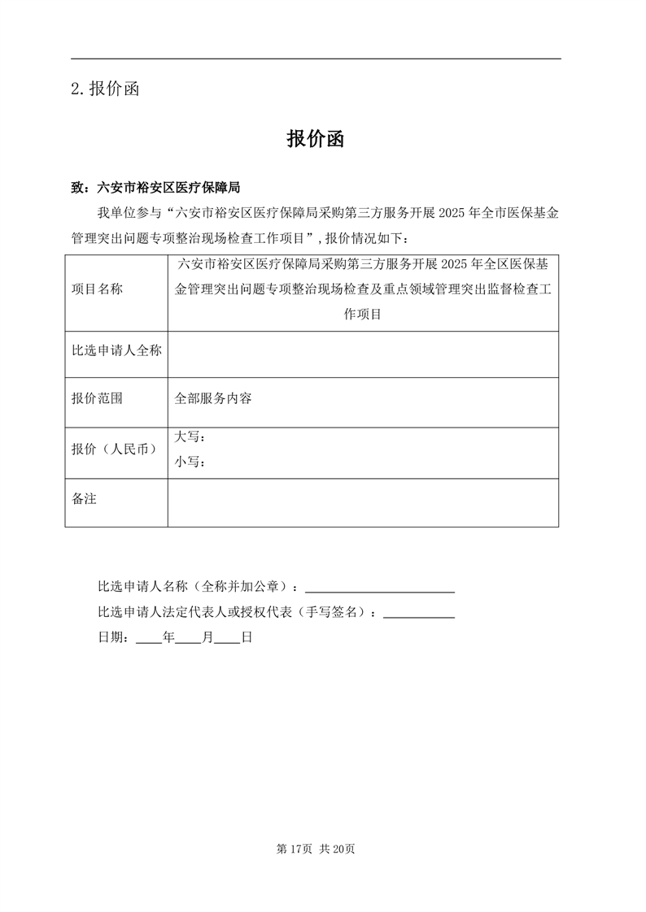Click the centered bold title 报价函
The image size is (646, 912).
pyautogui.click(x=316, y=139)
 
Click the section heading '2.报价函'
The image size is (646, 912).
pyautogui.click(x=106, y=89)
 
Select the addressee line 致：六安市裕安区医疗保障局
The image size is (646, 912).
pyautogui.click(x=156, y=188)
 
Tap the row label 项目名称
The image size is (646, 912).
pyautogui.click(x=98, y=289)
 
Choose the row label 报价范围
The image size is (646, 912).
pyautogui.click(x=98, y=399)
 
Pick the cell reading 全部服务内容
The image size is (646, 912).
pyautogui.click(x=213, y=399)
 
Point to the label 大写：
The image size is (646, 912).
pyautogui.click(x=190, y=437)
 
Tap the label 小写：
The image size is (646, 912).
pyautogui.click(x=190, y=462)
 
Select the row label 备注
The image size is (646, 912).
pyautogui.click(x=85, y=498)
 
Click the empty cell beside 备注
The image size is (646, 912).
pyautogui.click(x=363, y=502)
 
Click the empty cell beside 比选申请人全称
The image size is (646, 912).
pyautogui.click(x=363, y=354)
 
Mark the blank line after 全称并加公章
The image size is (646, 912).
pyautogui.click(x=379, y=587)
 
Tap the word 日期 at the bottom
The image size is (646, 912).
pyautogui.click(x=110, y=638)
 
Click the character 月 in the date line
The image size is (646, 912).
pyautogui.click(x=208, y=638)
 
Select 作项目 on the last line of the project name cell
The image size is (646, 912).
pyautogui.click(x=363, y=314)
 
